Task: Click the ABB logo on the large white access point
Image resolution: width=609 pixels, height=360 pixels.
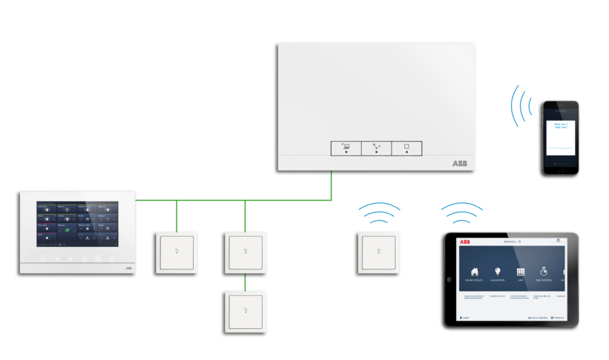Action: (459, 163)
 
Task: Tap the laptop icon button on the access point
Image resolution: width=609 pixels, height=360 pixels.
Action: (345, 148)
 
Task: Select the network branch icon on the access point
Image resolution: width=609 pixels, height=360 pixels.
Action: (376, 148)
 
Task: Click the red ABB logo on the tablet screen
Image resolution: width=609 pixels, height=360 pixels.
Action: (465, 241)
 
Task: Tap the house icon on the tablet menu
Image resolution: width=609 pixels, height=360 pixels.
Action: (475, 272)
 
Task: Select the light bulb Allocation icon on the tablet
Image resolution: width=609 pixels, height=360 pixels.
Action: (498, 272)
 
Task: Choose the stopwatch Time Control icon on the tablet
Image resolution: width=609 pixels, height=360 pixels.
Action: (543, 272)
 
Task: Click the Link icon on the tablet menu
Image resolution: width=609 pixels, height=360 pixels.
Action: (520, 272)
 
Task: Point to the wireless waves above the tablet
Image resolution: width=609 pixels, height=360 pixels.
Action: (462, 212)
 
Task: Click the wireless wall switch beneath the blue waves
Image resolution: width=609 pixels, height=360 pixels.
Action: (378, 252)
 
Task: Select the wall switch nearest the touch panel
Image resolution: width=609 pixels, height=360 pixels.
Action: (176, 252)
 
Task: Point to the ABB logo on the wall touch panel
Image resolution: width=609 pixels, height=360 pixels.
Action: (129, 267)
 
